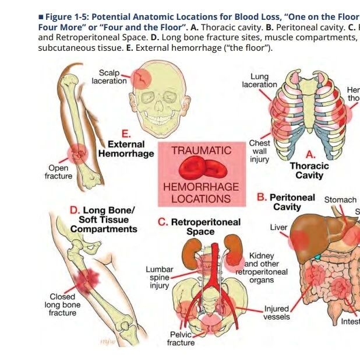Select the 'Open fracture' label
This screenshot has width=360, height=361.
point(58,172)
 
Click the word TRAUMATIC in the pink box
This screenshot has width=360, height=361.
point(201,150)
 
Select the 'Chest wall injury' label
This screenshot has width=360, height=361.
point(259,151)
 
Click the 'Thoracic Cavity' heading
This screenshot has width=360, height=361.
point(309,170)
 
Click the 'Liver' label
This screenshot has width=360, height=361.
point(278,227)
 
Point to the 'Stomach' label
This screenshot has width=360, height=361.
point(340,200)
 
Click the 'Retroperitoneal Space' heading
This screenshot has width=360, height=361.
point(199,227)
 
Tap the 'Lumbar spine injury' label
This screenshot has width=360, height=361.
point(160,278)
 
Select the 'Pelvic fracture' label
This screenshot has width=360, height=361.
point(181,339)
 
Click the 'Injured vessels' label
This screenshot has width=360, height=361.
point(276,313)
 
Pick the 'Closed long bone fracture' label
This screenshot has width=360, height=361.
point(62,305)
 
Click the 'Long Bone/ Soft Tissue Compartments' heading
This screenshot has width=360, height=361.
point(104,219)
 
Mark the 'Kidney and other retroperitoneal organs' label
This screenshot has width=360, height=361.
point(262,268)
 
